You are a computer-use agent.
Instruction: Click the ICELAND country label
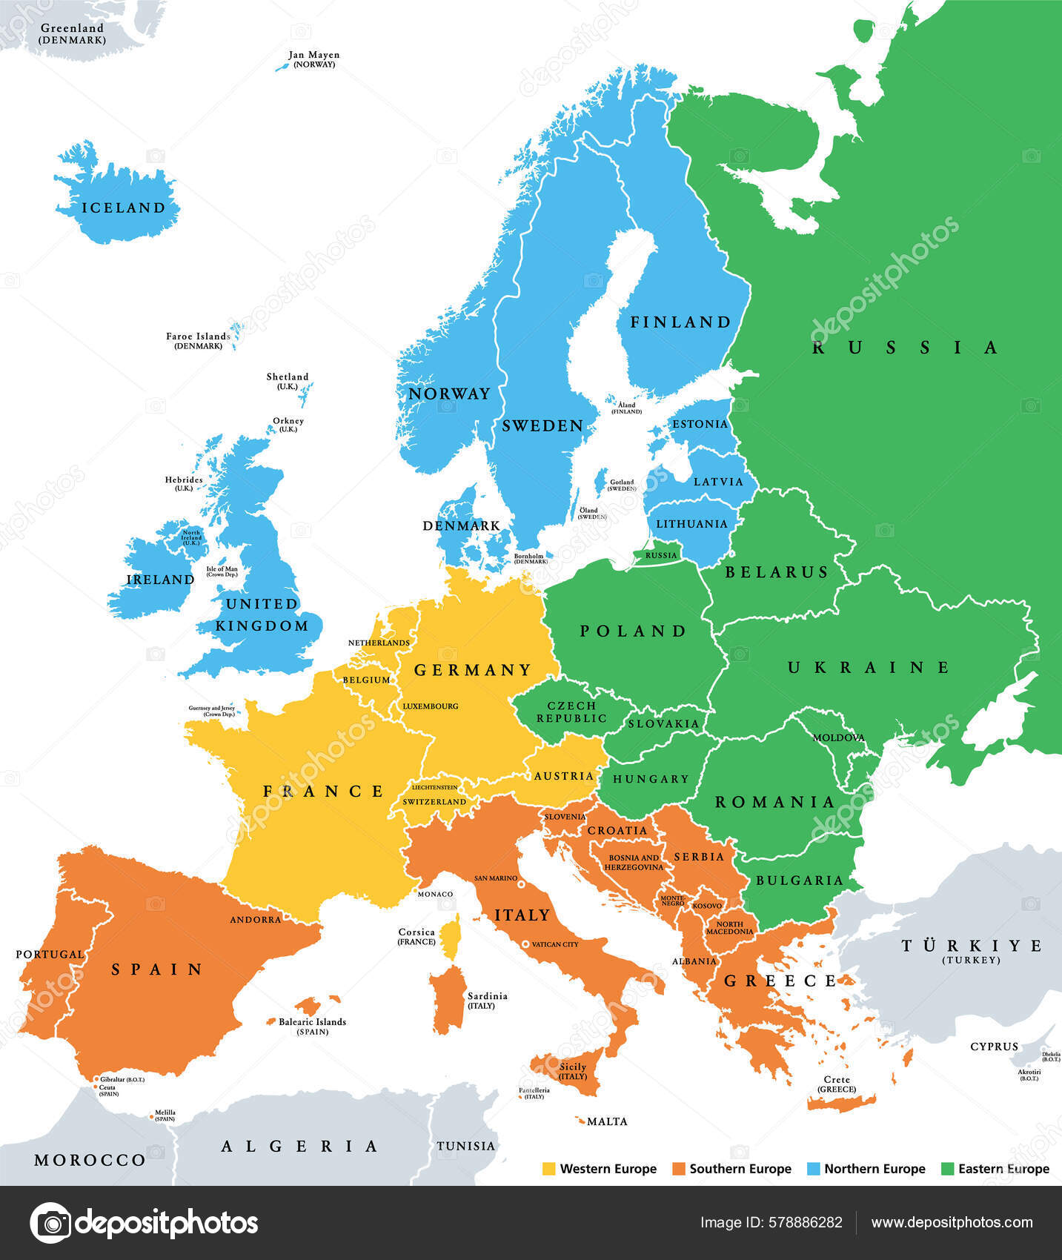[x=123, y=208]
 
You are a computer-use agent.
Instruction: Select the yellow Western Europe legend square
[x=549, y=1169]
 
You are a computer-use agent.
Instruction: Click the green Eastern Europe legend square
[x=947, y=1169]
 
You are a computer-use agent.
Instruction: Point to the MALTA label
[x=607, y=1121]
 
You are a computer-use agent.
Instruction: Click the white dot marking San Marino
[x=522, y=884]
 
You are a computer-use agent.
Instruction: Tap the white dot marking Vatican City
[x=525, y=944]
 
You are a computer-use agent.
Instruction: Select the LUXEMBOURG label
[x=430, y=706]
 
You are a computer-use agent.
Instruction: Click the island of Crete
[x=841, y=1102]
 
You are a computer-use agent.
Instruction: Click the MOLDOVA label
[x=838, y=737]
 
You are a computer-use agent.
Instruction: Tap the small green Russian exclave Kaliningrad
[x=660, y=555]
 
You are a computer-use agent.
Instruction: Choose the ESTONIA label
[x=700, y=424]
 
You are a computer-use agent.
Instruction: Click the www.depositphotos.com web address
[x=952, y=1223]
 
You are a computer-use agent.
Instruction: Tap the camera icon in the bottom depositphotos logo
[x=50, y=1223]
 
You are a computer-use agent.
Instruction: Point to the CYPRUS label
[x=994, y=1047]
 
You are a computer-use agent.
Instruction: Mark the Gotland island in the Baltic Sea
[x=600, y=483]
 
